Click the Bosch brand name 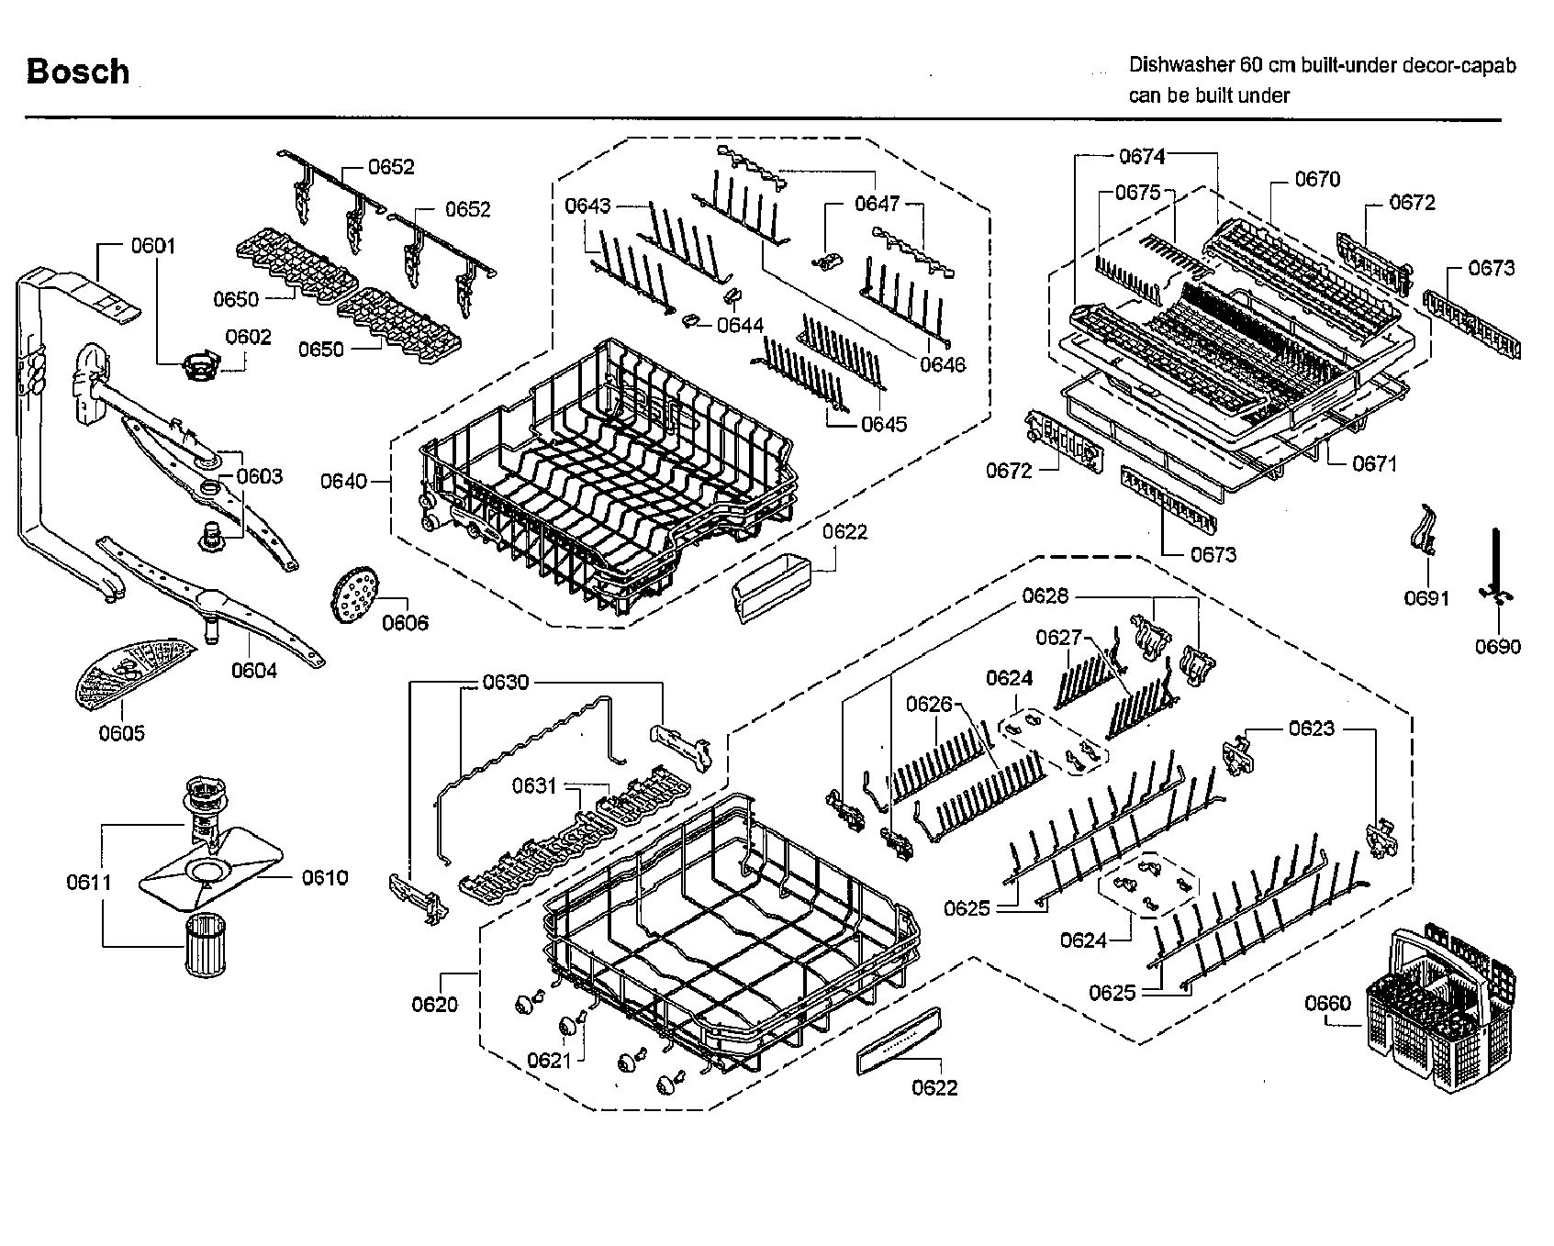point(78,72)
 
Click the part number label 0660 point(1327,1003)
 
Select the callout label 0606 point(405,623)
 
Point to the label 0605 point(122,733)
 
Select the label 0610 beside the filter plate point(325,878)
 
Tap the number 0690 point(1498,647)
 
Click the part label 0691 point(1426,599)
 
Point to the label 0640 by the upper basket point(343,481)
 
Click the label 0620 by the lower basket point(434,1005)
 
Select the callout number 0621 point(550,1060)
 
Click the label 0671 point(1374,463)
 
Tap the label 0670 point(1317,179)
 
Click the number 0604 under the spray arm point(254,671)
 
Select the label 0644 point(740,325)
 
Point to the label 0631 point(535,785)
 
